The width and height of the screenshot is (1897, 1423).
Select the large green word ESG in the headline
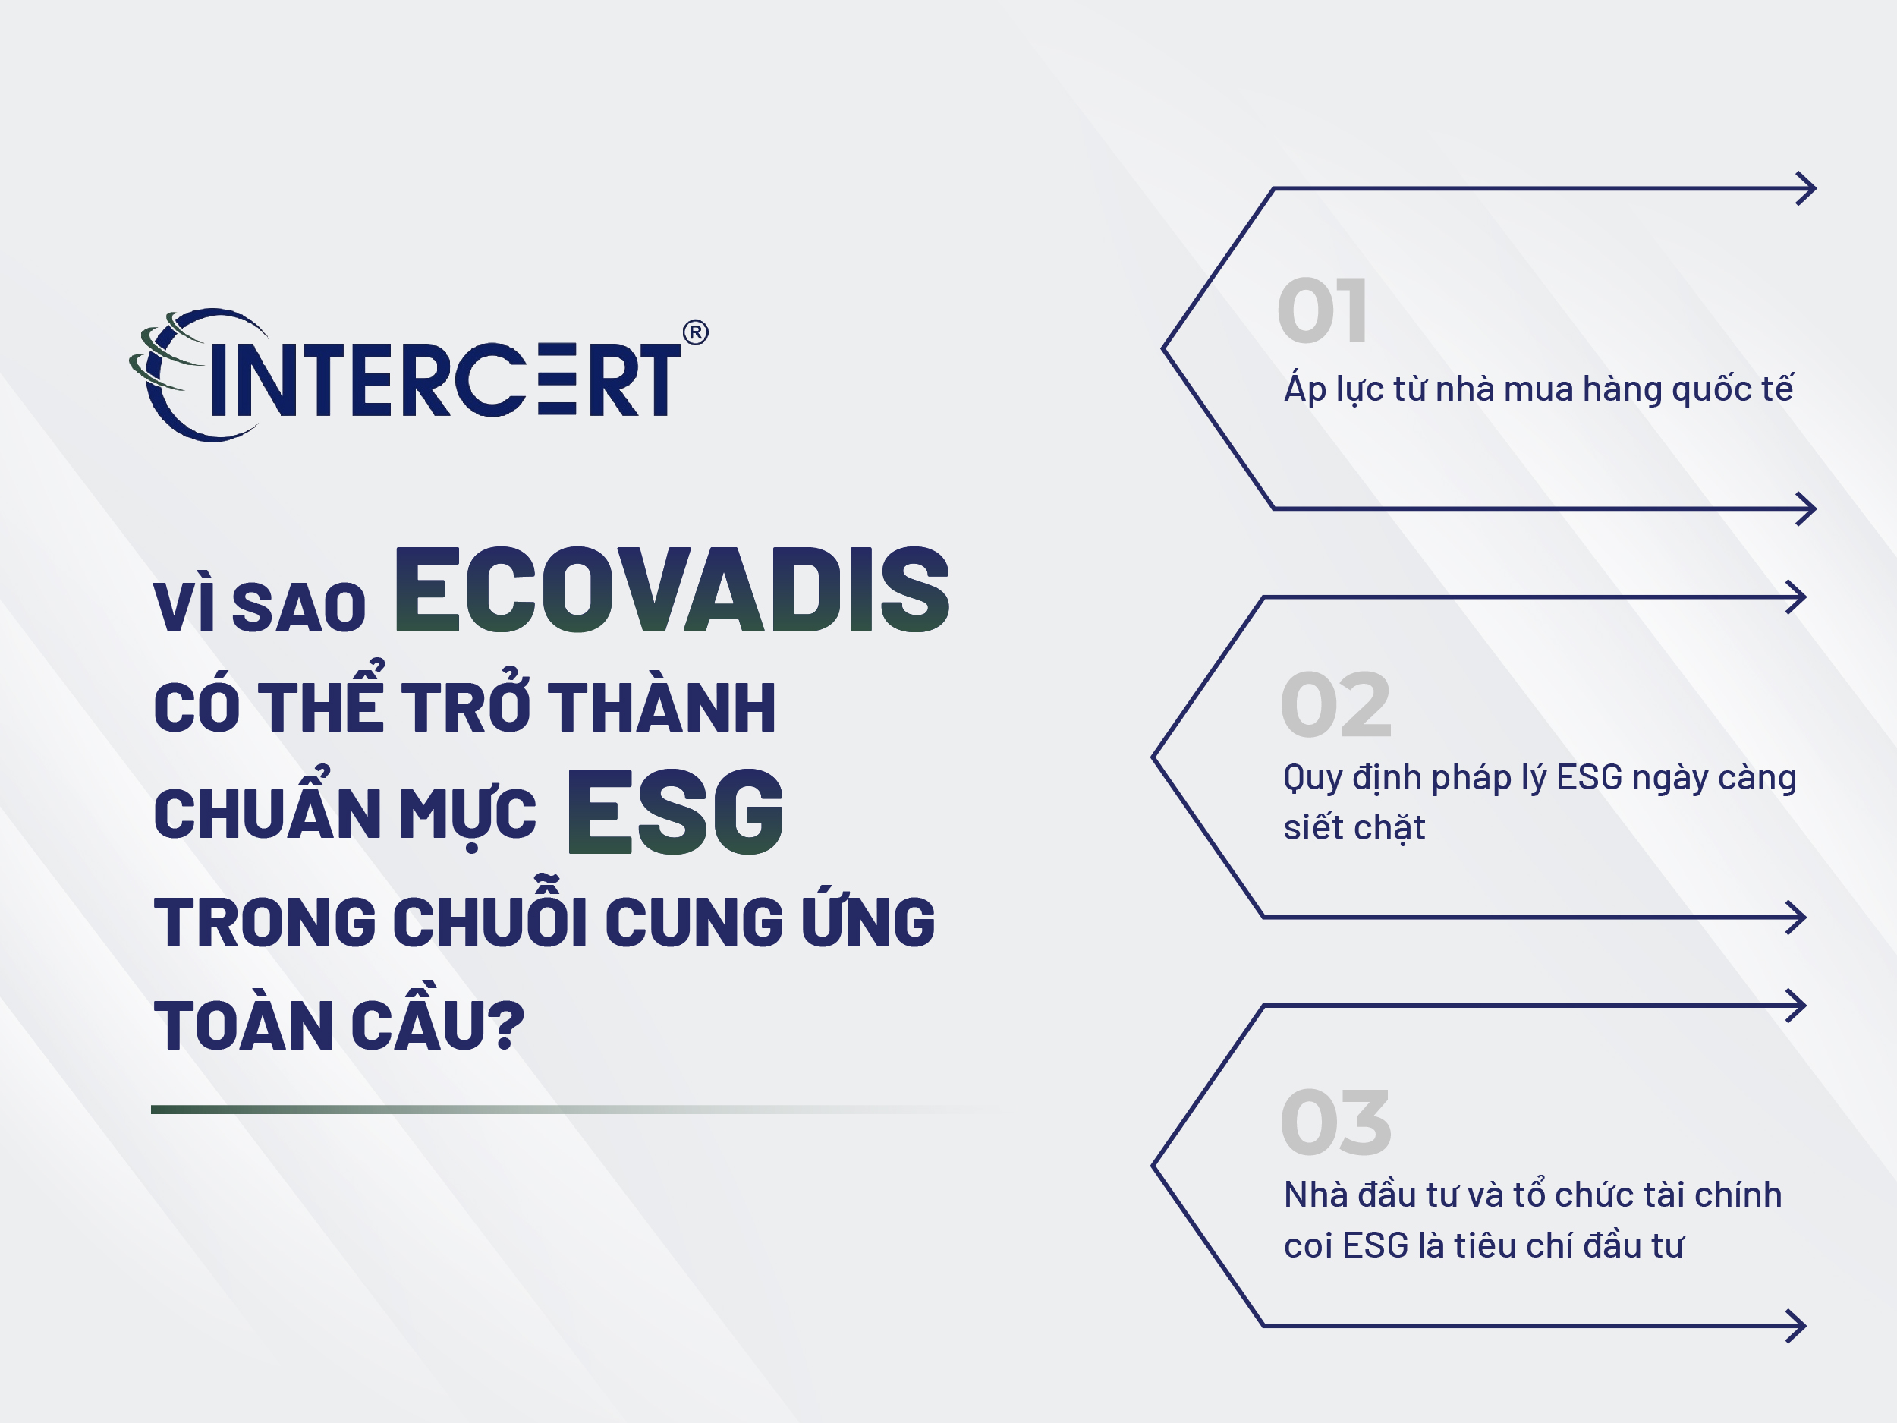[675, 811]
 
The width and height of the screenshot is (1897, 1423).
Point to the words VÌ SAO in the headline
[260, 607]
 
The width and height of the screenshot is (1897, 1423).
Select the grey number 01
[1322, 310]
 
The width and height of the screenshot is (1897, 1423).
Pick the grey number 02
[1335, 704]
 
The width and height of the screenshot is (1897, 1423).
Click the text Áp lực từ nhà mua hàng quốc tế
[1537, 388]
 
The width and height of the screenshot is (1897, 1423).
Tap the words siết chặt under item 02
[1354, 827]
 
